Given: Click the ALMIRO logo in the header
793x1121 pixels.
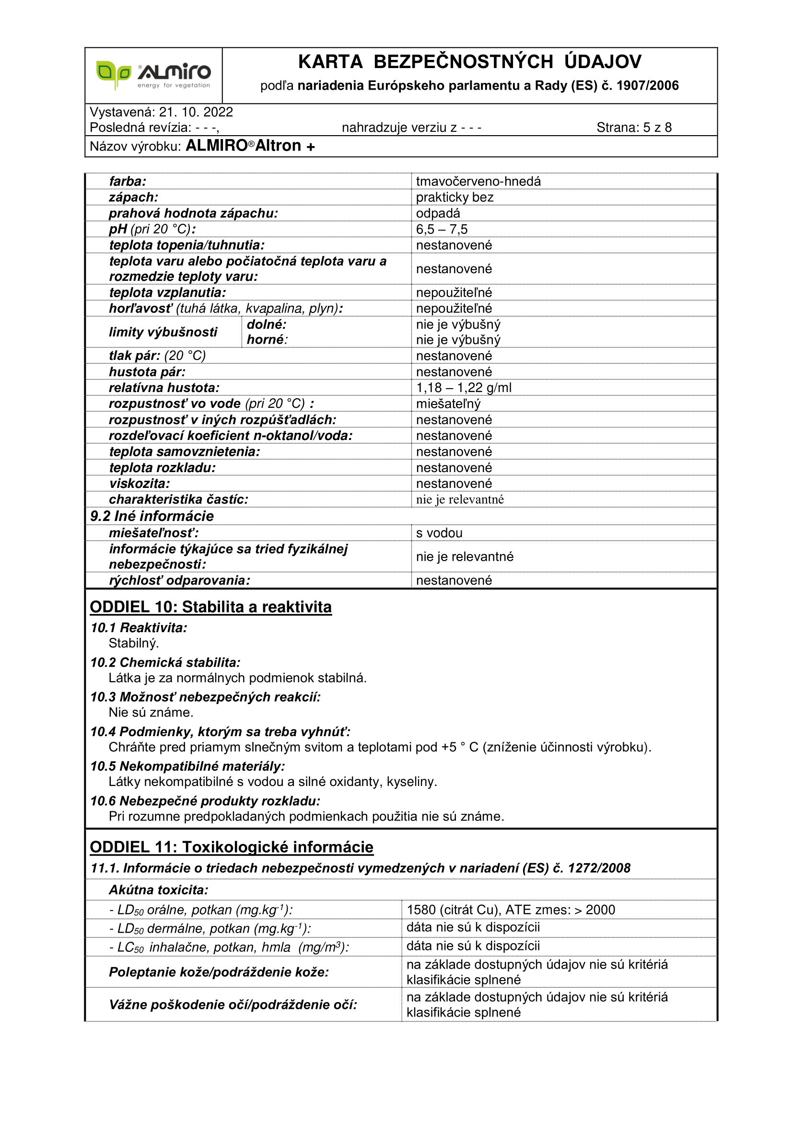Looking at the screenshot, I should click(153, 75).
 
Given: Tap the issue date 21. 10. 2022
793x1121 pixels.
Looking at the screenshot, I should click(196, 112).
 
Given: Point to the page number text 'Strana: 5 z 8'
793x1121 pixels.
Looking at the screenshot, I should click(634, 127).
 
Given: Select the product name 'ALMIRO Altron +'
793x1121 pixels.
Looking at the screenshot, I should click(250, 146).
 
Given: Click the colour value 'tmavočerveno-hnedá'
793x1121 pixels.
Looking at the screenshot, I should click(478, 182).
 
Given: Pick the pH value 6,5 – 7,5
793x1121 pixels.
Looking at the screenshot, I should click(442, 230).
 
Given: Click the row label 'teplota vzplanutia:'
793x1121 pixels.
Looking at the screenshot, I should click(167, 292).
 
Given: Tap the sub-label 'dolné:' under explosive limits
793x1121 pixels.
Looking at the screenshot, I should click(267, 324).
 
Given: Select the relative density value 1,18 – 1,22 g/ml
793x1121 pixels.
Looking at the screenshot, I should click(464, 388).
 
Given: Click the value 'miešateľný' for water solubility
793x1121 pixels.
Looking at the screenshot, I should click(448, 404).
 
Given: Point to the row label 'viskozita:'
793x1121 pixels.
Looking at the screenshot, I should click(140, 484).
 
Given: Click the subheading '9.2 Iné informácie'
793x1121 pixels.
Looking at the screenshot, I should click(152, 516).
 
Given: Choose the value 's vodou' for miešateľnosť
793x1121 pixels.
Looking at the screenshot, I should click(439, 533).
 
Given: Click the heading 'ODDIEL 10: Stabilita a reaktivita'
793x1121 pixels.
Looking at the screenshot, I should click(210, 607).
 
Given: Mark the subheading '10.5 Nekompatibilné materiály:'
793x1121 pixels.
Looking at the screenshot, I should click(187, 766).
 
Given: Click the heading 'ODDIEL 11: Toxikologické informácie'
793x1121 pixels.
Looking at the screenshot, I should click(232, 847).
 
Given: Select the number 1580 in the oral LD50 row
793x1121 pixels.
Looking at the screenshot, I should click(421, 910).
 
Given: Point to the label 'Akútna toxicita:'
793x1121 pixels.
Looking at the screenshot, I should click(159, 890).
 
